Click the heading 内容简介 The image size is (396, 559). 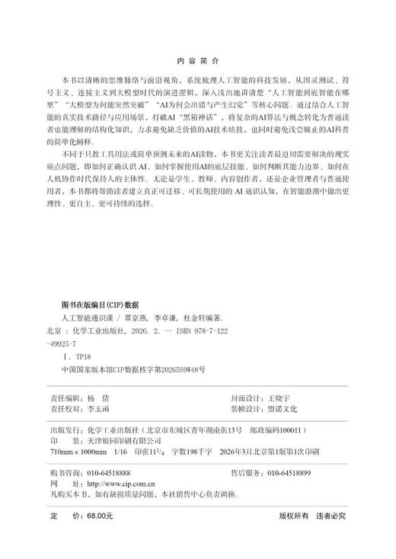pos(197,59)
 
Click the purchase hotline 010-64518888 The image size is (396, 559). pos(113,473)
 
